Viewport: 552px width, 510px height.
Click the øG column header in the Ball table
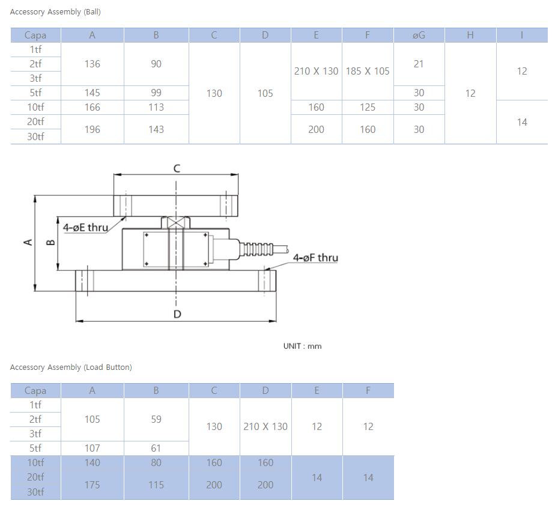419,35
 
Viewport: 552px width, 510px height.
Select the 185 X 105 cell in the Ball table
368,71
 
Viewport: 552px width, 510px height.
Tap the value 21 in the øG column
419,64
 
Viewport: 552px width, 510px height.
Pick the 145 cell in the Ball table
93,93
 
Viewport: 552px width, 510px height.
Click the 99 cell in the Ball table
156,93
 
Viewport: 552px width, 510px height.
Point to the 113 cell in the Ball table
156,107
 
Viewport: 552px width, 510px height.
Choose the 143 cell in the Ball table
156,129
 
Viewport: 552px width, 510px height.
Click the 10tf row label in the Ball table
35,107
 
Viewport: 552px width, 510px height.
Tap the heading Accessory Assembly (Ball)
55,12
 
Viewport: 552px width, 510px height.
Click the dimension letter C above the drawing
177,168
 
